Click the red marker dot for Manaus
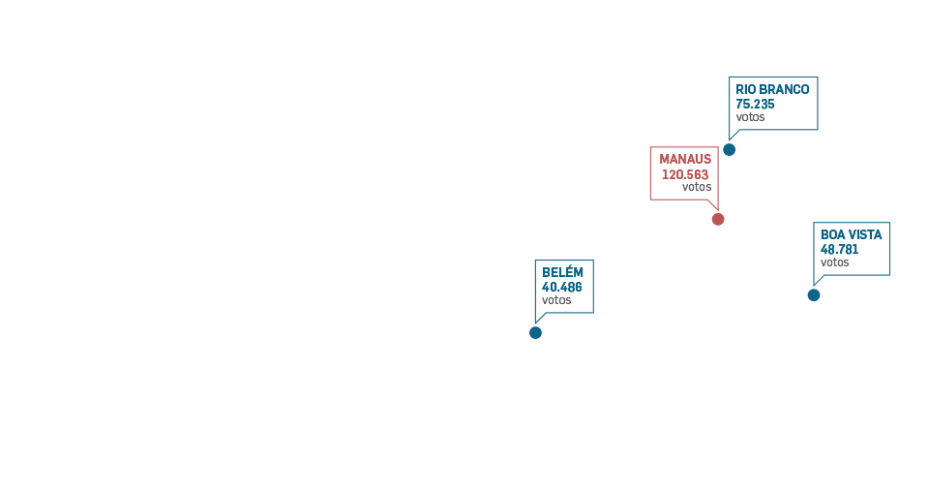click(718, 219)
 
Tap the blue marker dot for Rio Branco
click(730, 149)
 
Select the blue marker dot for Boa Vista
click(814, 294)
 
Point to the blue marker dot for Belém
click(535, 332)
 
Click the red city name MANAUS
click(685, 159)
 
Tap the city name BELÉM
click(562, 272)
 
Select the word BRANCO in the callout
click(786, 89)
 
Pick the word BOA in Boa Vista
click(833, 234)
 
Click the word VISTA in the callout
click(866, 234)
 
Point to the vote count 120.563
click(685, 174)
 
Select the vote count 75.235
click(755, 104)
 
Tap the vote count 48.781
click(840, 249)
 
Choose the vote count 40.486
click(562, 287)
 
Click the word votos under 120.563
click(696, 187)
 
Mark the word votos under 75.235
click(750, 117)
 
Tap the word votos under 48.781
click(835, 262)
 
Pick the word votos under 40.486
click(556, 300)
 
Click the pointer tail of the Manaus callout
click(713, 204)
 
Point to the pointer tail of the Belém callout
click(539, 317)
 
